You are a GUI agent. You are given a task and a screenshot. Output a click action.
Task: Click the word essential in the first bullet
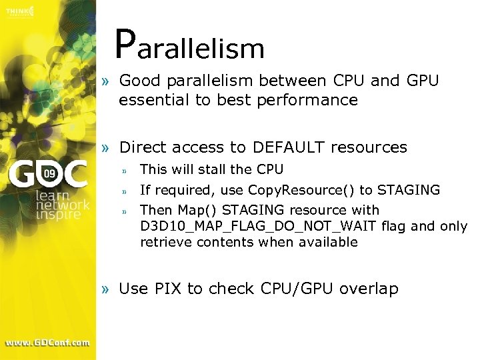point(151,100)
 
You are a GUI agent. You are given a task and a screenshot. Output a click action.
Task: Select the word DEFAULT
point(287,147)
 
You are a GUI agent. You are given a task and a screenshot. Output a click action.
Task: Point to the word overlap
point(369,289)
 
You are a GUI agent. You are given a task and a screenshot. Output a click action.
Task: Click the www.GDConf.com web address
point(47,343)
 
